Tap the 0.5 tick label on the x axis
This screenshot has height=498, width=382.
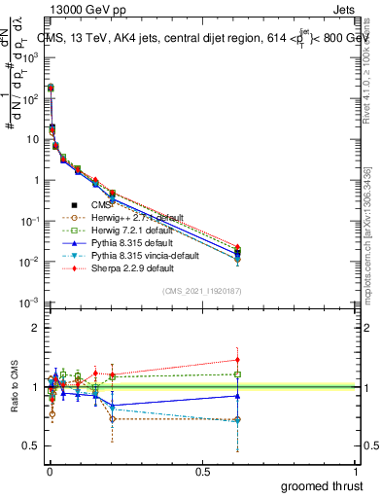tap(202, 471)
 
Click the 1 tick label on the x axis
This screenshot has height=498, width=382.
tap(357, 471)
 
